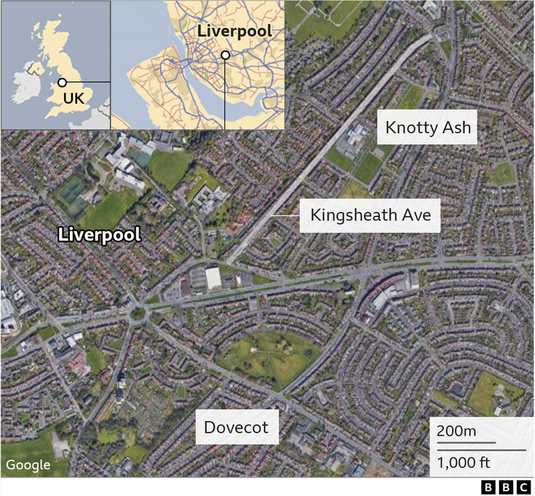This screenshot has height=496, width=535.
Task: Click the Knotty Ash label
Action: click(x=428, y=128)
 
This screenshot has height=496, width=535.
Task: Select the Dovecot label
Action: click(x=236, y=427)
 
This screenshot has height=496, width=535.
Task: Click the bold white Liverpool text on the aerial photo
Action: click(x=100, y=235)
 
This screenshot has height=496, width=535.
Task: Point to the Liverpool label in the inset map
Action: click(x=235, y=31)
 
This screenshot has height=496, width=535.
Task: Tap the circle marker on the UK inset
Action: click(x=62, y=83)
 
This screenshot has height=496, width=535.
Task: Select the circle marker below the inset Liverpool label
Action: click(x=225, y=55)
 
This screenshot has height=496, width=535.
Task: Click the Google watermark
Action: click(x=29, y=465)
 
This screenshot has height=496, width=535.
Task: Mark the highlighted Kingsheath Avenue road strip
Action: click(x=329, y=148)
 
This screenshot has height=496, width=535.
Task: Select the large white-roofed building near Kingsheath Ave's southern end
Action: click(x=213, y=278)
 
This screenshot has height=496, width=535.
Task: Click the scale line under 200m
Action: click(x=466, y=442)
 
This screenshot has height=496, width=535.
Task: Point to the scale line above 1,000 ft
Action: click(x=481, y=451)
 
